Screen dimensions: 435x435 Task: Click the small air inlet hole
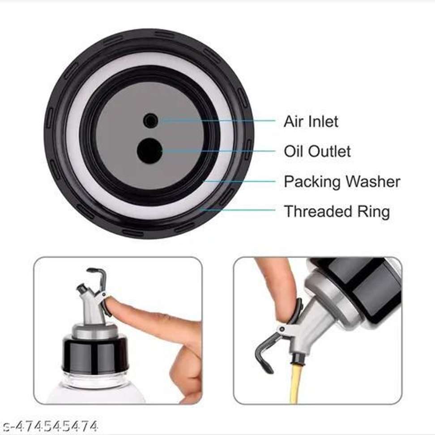click(x=151, y=121)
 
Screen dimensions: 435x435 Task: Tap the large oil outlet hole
click(x=150, y=151)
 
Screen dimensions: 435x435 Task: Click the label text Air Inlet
click(x=311, y=122)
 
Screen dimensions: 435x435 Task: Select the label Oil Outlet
click(x=317, y=151)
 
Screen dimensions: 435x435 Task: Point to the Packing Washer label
click(x=342, y=182)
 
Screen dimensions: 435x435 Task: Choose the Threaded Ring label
click(x=337, y=211)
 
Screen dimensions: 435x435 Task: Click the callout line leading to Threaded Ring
click(x=238, y=210)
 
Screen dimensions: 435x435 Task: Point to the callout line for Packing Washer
click(x=239, y=181)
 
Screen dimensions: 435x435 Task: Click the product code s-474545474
click(x=49, y=426)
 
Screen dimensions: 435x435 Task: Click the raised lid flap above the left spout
click(x=98, y=277)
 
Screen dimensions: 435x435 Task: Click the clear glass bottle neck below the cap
click(x=94, y=380)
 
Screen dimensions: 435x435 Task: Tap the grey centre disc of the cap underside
click(x=150, y=136)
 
